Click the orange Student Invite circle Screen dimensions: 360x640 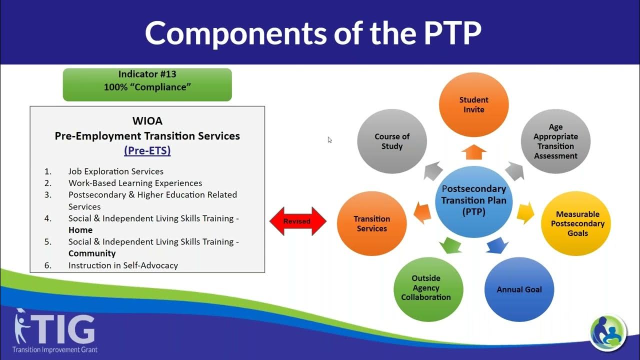pyautogui.click(x=473, y=104)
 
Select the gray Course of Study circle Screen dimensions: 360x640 pyautogui.click(x=391, y=141)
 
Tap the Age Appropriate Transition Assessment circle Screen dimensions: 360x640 pyautogui.click(x=555, y=141)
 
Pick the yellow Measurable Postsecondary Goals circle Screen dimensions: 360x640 pyautogui.click(x=577, y=223)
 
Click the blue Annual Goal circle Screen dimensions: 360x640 pyautogui.click(x=519, y=289)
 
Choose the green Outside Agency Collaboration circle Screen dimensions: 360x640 pyautogui.click(x=428, y=288)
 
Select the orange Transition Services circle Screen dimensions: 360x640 pyautogui.click(x=371, y=223)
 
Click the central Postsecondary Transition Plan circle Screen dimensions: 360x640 pyautogui.click(x=473, y=200)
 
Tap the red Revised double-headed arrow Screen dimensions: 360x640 pyautogui.click(x=297, y=221)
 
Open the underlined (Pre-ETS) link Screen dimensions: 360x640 pyautogui.click(x=147, y=150)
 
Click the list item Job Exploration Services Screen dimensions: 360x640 pyautogui.click(x=116, y=171)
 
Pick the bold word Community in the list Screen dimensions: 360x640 pyautogui.click(x=92, y=253)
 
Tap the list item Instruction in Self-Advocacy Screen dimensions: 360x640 pyautogui.click(x=123, y=265)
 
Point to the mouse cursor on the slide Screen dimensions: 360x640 pyautogui.click(x=329, y=139)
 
